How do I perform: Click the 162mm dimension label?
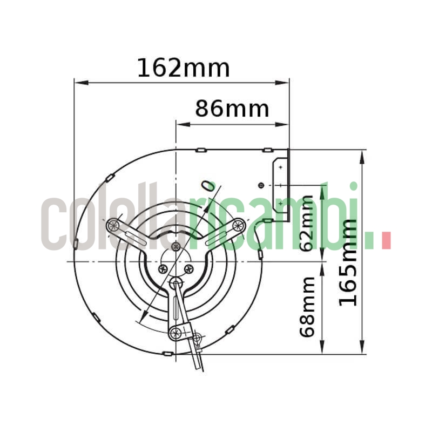(183, 68)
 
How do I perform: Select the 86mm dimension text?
(232, 109)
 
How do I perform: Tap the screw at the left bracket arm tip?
(113, 226)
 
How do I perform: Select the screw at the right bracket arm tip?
(238, 226)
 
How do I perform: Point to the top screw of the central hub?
(175, 247)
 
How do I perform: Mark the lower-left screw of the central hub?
(163, 268)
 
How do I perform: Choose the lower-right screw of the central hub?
(188, 268)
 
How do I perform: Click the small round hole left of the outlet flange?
(261, 185)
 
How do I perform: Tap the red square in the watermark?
(386, 241)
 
